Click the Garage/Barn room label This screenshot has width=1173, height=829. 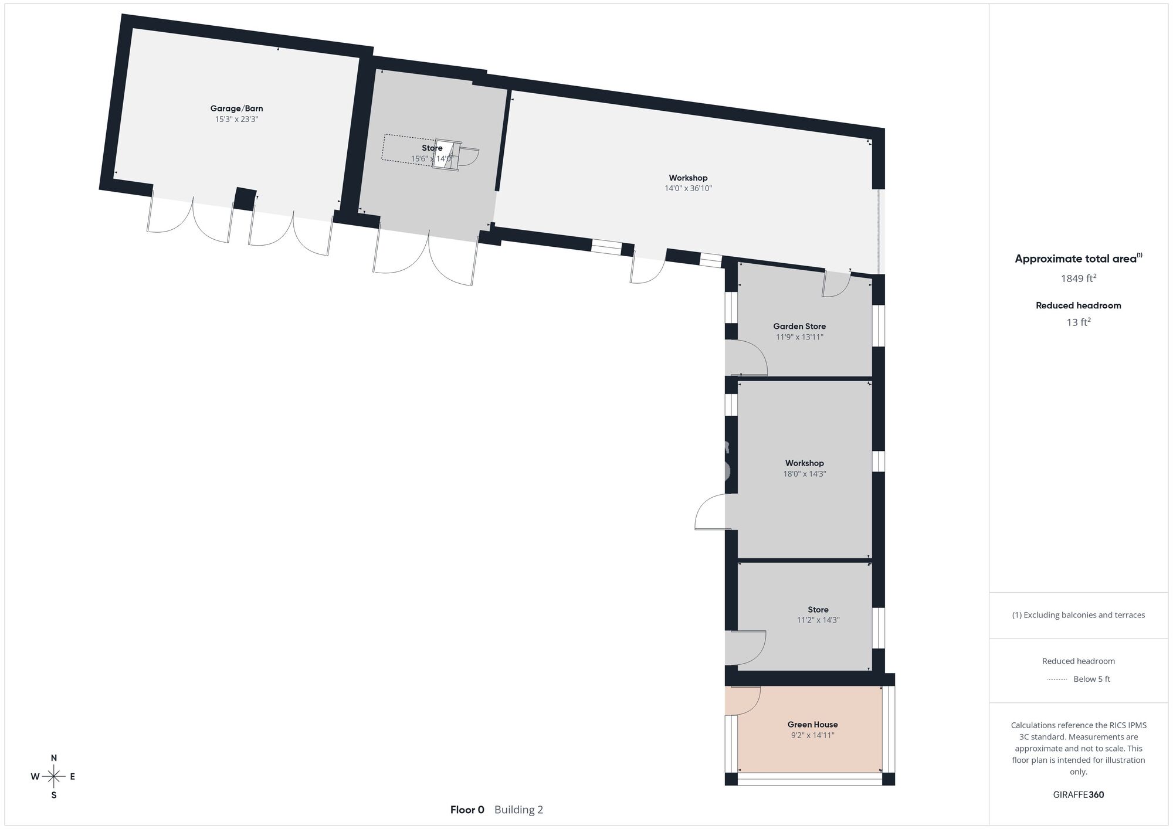click(x=236, y=108)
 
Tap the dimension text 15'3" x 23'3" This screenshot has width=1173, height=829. click(x=236, y=119)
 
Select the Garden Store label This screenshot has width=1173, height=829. click(x=799, y=327)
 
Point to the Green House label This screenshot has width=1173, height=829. click(x=812, y=725)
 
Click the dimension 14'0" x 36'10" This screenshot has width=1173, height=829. click(x=688, y=188)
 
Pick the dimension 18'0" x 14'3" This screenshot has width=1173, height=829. click(x=805, y=474)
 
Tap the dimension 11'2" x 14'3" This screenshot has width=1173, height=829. click(x=818, y=620)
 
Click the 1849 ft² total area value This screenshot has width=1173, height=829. click(x=1079, y=278)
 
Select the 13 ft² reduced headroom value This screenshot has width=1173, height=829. click(x=1079, y=322)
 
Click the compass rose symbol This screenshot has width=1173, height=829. click(x=54, y=777)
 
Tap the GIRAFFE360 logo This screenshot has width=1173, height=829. click(x=1079, y=795)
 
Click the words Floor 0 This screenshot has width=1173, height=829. click(x=467, y=810)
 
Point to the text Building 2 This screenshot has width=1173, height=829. click(x=518, y=810)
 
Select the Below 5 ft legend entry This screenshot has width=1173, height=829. click(x=1091, y=679)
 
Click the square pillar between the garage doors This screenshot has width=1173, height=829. click(x=245, y=199)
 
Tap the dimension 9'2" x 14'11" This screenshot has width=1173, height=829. click(x=812, y=735)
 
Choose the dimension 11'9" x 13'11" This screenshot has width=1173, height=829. click(x=799, y=337)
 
